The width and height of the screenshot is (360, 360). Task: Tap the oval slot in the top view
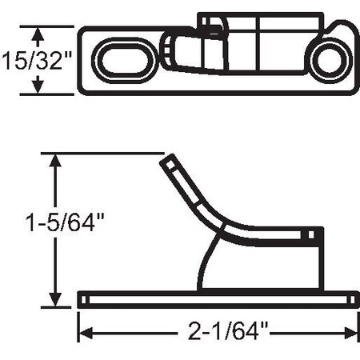click(x=122, y=60)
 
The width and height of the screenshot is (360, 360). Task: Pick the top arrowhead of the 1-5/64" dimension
click(x=54, y=158)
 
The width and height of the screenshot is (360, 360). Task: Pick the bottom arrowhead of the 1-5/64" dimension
click(x=54, y=301)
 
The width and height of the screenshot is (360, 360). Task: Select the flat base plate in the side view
click(x=216, y=298)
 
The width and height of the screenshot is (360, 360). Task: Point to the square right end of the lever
click(x=316, y=235)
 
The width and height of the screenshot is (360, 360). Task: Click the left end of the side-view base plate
click(x=83, y=298)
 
